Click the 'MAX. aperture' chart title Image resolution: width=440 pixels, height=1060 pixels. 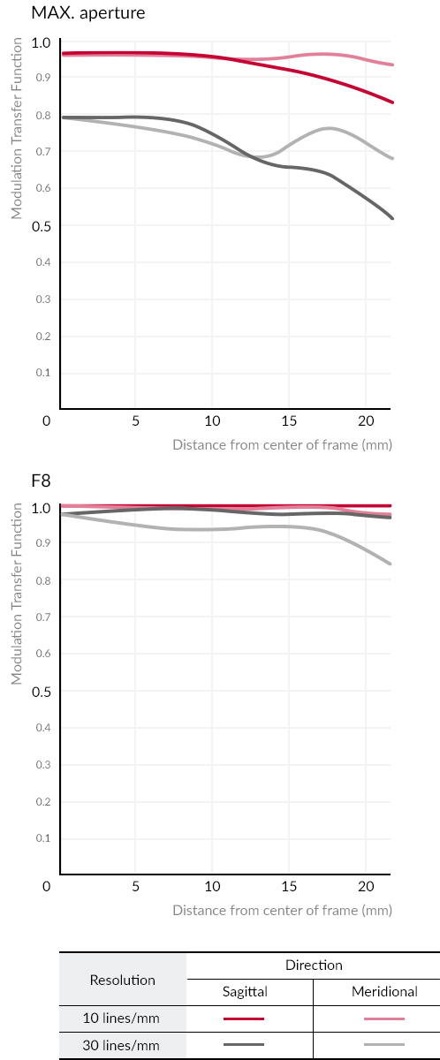tap(88, 12)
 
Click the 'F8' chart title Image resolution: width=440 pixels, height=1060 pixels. tap(41, 481)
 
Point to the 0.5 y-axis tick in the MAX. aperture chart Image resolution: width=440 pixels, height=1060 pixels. tap(42, 226)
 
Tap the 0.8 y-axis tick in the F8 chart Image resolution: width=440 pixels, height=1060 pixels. tap(43, 580)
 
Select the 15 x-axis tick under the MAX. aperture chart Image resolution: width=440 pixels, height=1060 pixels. tap(289, 420)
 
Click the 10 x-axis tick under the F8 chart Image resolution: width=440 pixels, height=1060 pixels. tap(212, 886)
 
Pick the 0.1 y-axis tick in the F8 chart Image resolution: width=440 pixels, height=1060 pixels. tap(43, 838)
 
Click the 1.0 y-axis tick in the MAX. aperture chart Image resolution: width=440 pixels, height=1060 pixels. tap(42, 42)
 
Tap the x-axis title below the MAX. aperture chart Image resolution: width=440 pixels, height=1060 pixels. tap(282, 445)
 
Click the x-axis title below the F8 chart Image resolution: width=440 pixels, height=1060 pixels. tap(282, 911)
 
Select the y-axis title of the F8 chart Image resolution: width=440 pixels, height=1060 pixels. tap(17, 594)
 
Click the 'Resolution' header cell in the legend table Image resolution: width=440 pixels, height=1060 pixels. tap(123, 980)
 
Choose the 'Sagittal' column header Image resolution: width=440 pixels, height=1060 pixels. tap(245, 991)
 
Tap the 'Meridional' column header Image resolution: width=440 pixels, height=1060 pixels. tap(384, 991)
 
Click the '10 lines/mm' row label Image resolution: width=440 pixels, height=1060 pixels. tap(121, 1018)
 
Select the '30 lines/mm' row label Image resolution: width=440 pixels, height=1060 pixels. tap(121, 1045)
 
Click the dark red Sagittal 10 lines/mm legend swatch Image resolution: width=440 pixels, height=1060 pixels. tap(244, 1018)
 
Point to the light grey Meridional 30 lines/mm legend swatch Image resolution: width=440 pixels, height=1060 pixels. tap(384, 1044)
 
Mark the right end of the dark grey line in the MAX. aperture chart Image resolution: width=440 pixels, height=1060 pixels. tap(392, 218)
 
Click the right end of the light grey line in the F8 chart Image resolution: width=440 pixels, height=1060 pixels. tap(390, 564)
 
